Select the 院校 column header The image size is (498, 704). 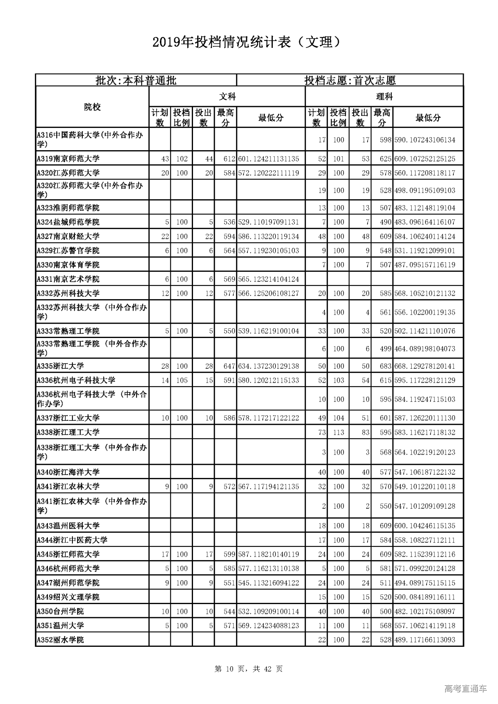(92, 107)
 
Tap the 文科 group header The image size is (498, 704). (227, 96)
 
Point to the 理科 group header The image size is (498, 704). (384, 96)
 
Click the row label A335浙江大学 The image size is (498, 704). (60, 366)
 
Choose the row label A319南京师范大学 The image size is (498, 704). (68, 159)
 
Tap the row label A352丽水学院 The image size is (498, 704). (60, 640)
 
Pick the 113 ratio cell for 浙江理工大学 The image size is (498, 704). (338, 432)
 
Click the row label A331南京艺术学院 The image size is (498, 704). (68, 279)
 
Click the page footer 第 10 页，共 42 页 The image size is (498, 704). (249, 669)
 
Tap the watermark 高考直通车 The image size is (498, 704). (465, 688)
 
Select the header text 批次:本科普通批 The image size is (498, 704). (136, 81)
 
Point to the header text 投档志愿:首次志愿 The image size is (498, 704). (350, 81)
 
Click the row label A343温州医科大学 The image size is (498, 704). (68, 526)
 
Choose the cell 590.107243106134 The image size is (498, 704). (424, 140)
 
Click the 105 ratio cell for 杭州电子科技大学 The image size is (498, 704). (182, 380)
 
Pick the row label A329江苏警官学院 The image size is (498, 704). (68, 251)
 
